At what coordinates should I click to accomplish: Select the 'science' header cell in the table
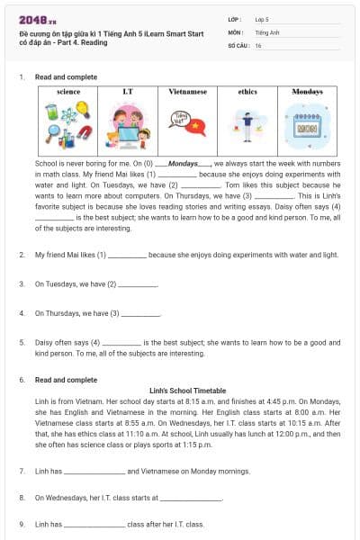[68, 92]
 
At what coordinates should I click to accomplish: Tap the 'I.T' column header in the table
[128, 92]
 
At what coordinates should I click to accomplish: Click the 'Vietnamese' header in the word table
[187, 92]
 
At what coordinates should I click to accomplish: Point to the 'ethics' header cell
[247, 92]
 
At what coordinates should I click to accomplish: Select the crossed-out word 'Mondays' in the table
[307, 92]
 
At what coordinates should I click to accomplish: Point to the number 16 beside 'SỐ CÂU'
[258, 44]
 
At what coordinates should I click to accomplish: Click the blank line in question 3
[138, 285]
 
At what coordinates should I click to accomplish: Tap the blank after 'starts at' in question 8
[190, 498]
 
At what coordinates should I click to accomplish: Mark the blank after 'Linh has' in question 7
[94, 472]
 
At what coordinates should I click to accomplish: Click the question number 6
[22, 380]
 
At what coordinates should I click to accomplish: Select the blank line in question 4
[140, 315]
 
